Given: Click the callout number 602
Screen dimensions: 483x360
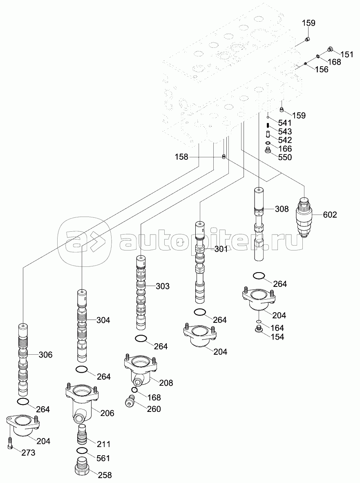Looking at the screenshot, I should tap(330, 215).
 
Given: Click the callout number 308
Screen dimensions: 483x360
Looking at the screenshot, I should tap(282, 209).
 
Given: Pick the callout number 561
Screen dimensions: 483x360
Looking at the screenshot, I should tap(103, 458).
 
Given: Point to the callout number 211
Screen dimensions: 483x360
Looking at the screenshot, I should tap(103, 444).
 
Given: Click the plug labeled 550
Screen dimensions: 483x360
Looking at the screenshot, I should tap(268, 153).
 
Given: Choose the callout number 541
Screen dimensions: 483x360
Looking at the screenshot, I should tap(284, 123).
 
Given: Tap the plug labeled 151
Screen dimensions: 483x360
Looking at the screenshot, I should tap(330, 50).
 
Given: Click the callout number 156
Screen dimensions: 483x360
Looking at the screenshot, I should tap(322, 69).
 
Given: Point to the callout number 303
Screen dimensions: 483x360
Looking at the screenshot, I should tap(162, 286).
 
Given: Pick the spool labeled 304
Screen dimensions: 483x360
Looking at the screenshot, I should tap(82, 325).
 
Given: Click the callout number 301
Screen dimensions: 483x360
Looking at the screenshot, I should tap(221, 249).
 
